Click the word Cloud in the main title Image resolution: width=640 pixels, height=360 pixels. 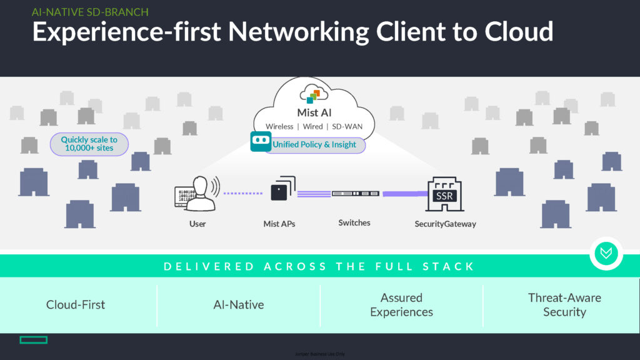(514, 31)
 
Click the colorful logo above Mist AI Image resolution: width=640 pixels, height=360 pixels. (313, 95)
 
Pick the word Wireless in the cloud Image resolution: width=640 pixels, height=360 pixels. (279, 127)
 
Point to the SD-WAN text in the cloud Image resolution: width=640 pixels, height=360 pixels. (347, 127)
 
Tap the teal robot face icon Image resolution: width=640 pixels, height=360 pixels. (260, 142)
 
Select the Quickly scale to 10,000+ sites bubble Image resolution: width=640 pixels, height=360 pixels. (89, 144)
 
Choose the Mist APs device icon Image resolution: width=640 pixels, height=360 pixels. (282, 189)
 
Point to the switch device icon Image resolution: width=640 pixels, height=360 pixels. (355, 194)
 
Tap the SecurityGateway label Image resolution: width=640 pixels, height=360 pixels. (445, 224)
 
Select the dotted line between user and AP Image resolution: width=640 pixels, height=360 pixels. (244, 193)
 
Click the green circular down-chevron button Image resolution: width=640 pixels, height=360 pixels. (606, 253)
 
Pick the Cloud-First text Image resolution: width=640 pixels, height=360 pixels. (76, 305)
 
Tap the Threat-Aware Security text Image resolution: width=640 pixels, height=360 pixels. (564, 305)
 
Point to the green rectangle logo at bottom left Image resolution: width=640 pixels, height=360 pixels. (33, 340)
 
